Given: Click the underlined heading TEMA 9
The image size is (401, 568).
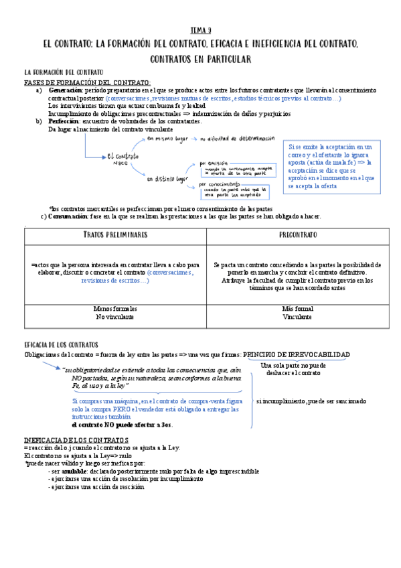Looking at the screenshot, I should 201,30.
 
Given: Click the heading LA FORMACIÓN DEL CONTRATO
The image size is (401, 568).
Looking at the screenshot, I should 64,72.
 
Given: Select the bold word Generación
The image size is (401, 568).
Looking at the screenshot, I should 65,90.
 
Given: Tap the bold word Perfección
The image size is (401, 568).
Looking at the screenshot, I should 64,121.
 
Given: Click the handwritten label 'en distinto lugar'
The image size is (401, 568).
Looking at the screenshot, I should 166,180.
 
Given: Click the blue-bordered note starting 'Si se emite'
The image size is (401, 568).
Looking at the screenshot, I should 331,166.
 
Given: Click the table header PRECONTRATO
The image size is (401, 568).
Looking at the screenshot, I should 298,236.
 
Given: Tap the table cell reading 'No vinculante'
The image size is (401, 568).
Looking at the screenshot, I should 115,317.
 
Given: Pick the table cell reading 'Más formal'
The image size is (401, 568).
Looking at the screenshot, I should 298,309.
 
